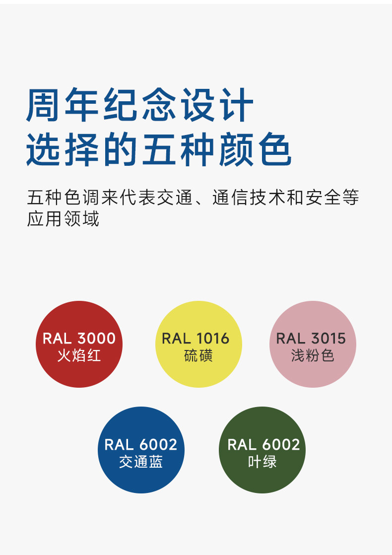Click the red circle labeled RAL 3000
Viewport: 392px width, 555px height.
pyautogui.click(x=79, y=344)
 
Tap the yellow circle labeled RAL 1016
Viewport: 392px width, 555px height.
pyautogui.click(x=198, y=344)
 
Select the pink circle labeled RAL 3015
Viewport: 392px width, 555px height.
pyautogui.click(x=313, y=344)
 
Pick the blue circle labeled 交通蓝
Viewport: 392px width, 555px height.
pyautogui.click(x=141, y=450)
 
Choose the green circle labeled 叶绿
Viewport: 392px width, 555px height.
pyautogui.click(x=262, y=450)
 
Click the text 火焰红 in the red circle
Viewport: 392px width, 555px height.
pyautogui.click(x=79, y=355)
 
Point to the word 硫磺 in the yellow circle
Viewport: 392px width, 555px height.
pyautogui.click(x=198, y=355)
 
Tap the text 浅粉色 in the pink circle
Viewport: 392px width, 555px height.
pyautogui.click(x=313, y=355)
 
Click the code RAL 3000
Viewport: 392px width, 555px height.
pyautogui.click(x=79, y=339)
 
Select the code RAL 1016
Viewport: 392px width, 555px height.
pyautogui.click(x=196, y=339)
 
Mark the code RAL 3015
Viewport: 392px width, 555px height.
pyautogui.click(x=311, y=339)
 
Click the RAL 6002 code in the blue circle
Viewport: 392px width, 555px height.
pyautogui.click(x=141, y=445)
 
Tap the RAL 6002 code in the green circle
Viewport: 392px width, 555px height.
pyautogui.click(x=263, y=445)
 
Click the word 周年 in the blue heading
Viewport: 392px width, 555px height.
pyautogui.click(x=63, y=105)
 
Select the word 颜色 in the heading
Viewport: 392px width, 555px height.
pyautogui.click(x=256, y=149)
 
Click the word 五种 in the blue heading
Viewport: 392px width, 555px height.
pyautogui.click(x=178, y=149)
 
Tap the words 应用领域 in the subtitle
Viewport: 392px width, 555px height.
pyautogui.click(x=63, y=218)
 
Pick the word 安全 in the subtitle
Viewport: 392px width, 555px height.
pyautogui.click(x=323, y=197)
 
